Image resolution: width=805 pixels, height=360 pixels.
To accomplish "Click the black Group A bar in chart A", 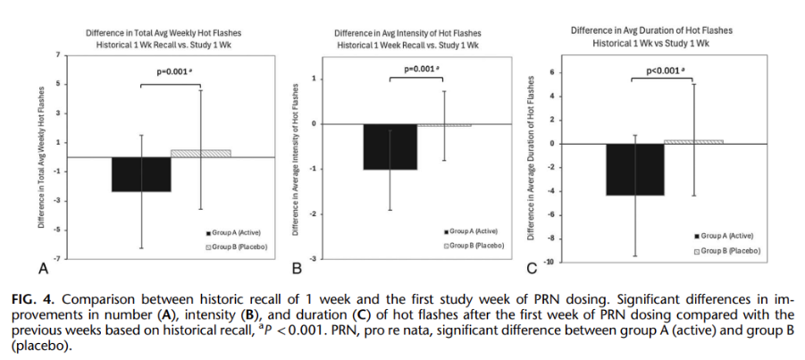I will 141,174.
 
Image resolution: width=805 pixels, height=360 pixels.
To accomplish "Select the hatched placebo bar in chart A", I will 200,154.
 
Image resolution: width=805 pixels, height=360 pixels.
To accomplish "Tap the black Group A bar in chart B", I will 390,147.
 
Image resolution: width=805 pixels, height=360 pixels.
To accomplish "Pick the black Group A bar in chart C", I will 634,169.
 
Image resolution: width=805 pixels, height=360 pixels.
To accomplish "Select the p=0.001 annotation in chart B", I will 419,69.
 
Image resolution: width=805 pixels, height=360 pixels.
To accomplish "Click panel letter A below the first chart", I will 42,267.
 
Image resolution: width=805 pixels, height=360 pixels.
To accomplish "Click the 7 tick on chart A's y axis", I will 55,55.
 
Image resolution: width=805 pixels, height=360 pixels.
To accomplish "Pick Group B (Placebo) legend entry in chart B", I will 475,245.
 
